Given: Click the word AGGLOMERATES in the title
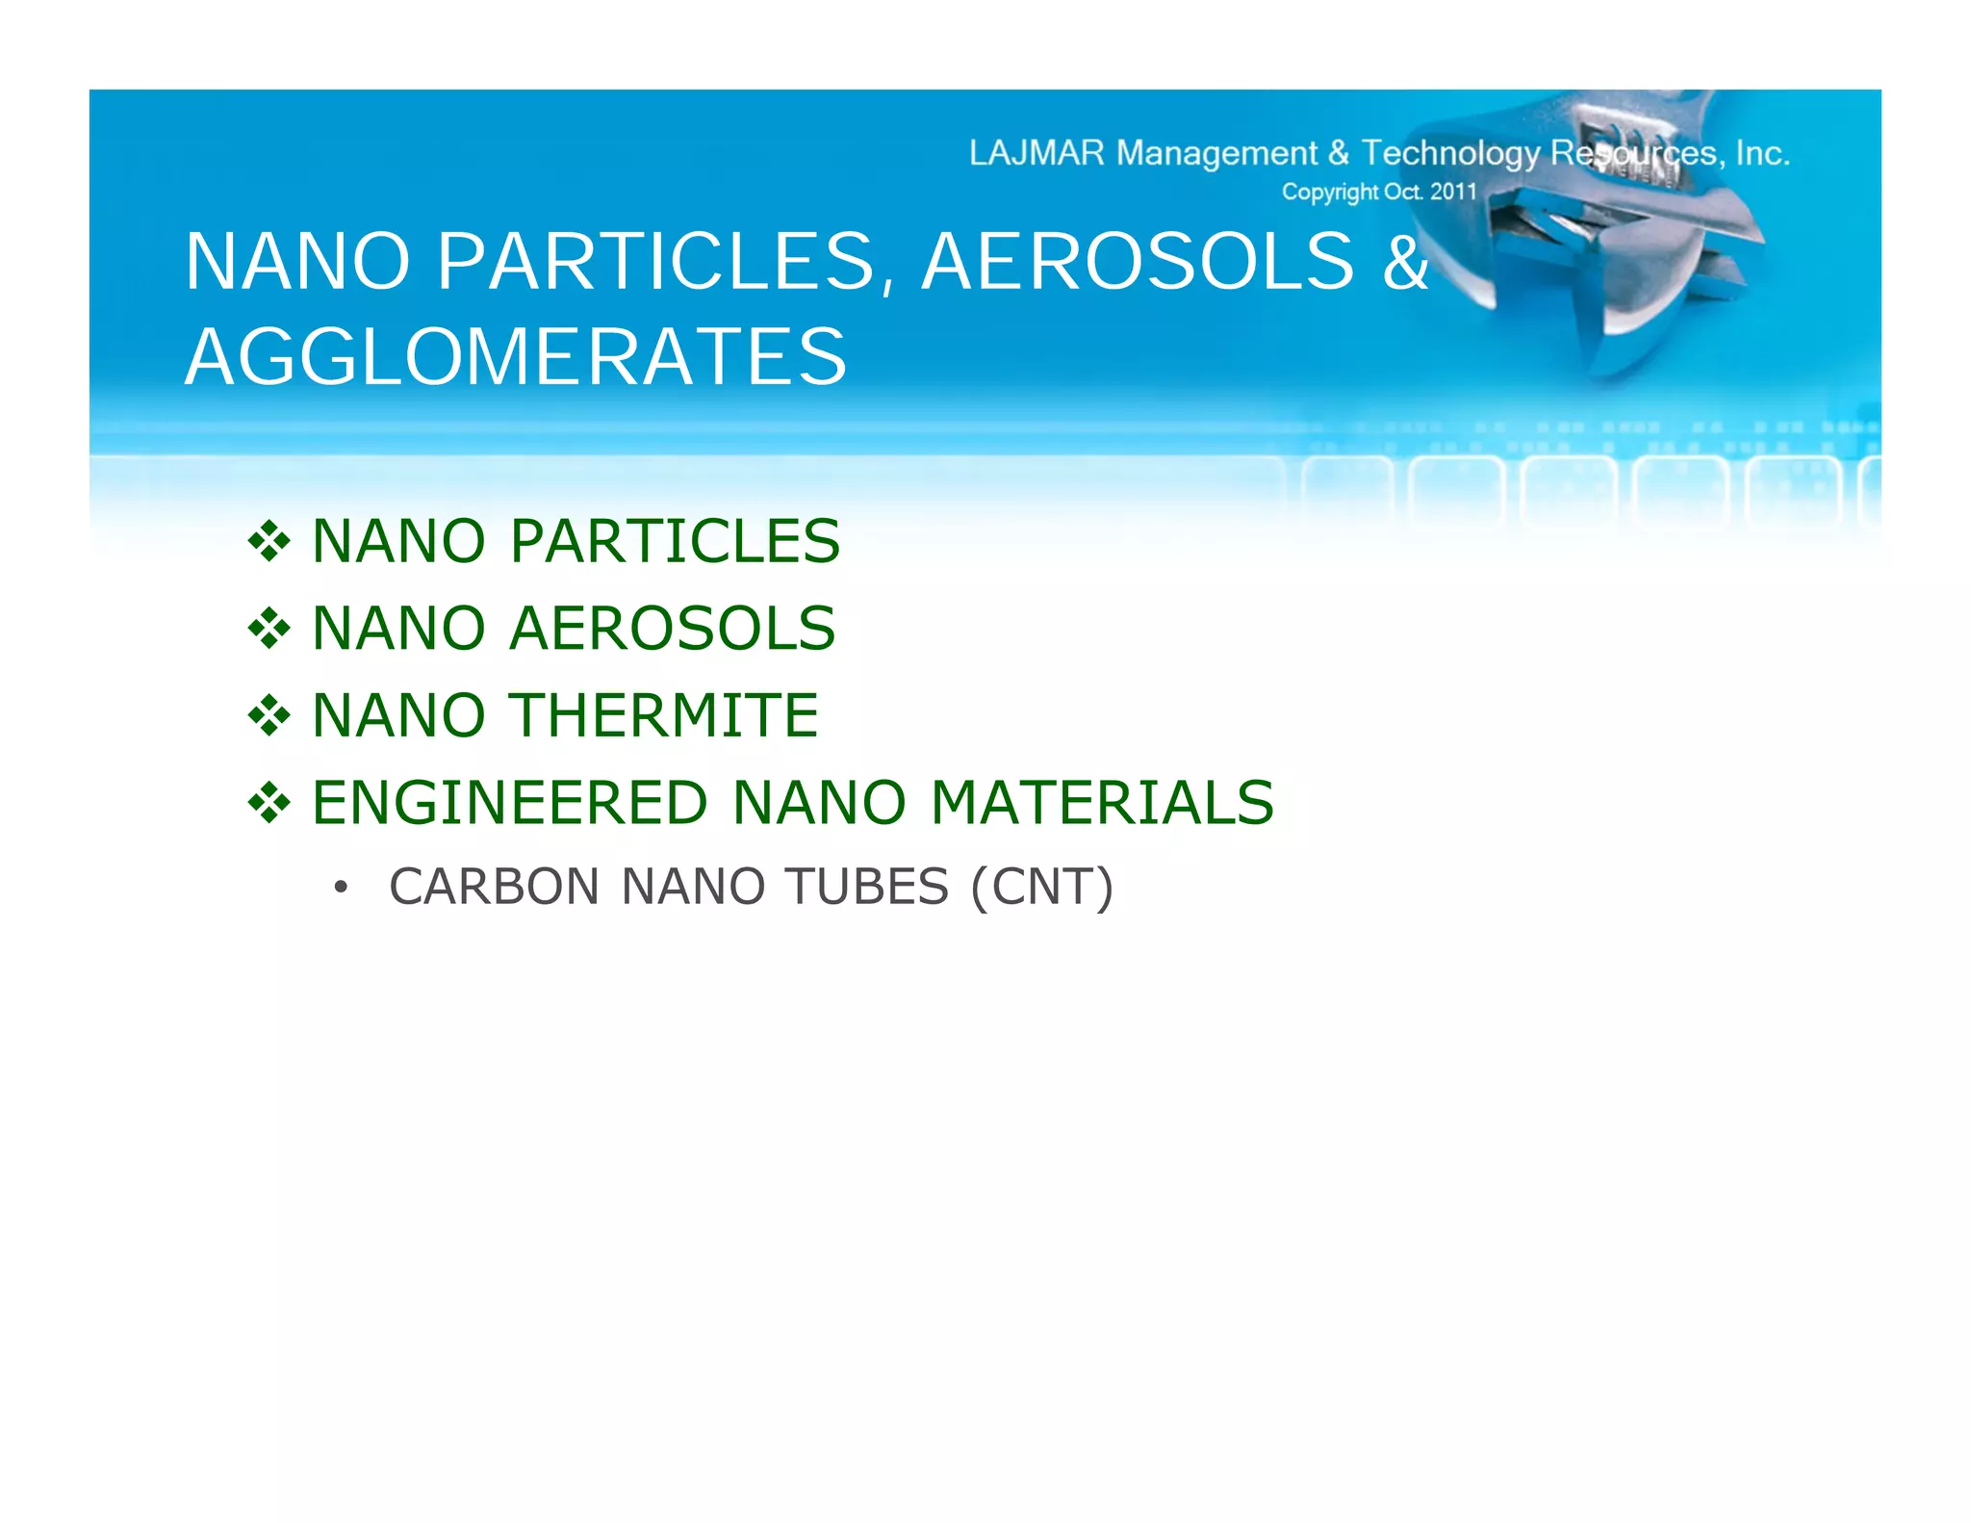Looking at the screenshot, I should click(x=516, y=357).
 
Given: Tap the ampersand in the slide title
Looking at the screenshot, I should click(x=1406, y=262).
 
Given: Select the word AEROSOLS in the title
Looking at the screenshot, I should click(x=1138, y=262).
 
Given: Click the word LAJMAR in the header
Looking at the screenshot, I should click(x=1037, y=153).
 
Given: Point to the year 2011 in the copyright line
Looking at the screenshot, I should click(x=1452, y=192).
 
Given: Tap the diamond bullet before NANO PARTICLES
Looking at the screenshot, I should click(x=269, y=542).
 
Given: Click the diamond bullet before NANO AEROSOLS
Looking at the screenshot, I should click(x=269, y=630).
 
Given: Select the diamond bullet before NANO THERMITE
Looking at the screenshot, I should click(x=269, y=716).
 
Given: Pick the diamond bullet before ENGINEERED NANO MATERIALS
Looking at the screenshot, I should click(x=269, y=804).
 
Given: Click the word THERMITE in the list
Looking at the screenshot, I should click(x=664, y=715).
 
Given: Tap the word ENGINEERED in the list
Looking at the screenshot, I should click(x=510, y=803).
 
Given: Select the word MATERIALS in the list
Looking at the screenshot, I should click(x=1102, y=803).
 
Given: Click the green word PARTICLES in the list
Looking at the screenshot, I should click(x=675, y=541).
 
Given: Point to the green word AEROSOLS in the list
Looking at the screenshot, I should click(x=672, y=629).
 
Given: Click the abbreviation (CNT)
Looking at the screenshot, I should click(x=1041, y=887).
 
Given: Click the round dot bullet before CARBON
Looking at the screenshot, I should click(x=340, y=888).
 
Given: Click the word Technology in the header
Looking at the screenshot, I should click(x=1450, y=153).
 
